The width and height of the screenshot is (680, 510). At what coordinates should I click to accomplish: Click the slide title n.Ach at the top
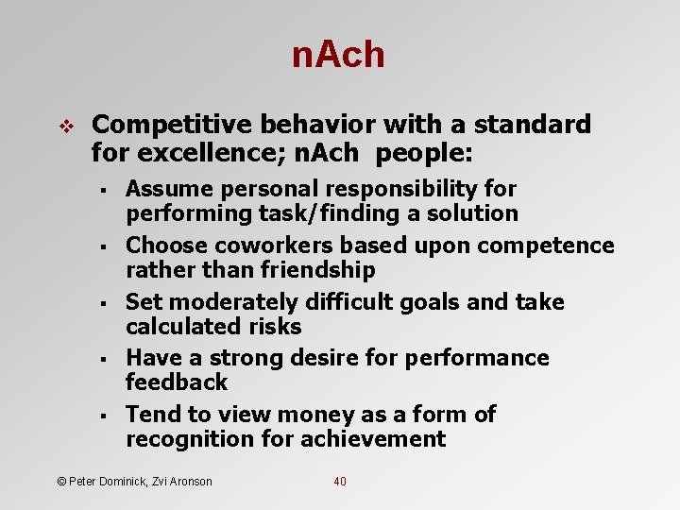(x=338, y=56)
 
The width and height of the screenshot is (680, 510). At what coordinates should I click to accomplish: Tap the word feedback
(x=177, y=382)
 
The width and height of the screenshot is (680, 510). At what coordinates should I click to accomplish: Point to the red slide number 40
(x=340, y=482)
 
